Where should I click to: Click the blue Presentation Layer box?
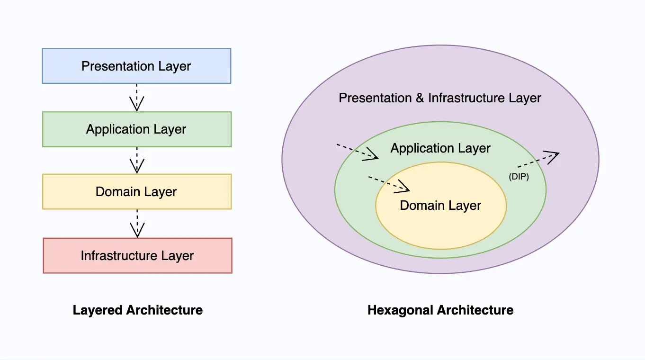pyautogui.click(x=136, y=66)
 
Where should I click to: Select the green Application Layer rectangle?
pyautogui.click(x=136, y=129)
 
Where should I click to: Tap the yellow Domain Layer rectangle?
pyautogui.click(x=136, y=192)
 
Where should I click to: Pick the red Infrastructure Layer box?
pyautogui.click(x=137, y=256)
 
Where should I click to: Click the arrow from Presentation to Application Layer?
pyautogui.click(x=136, y=98)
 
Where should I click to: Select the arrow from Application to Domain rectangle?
pyautogui.click(x=136, y=160)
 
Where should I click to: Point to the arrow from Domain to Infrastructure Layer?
pyautogui.click(x=137, y=224)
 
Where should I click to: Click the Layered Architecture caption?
pyautogui.click(x=138, y=310)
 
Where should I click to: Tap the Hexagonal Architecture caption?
pyautogui.click(x=440, y=310)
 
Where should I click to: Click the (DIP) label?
pyautogui.click(x=519, y=177)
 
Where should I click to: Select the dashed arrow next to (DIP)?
pyautogui.click(x=538, y=160)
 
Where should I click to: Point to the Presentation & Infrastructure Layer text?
pyautogui.click(x=440, y=98)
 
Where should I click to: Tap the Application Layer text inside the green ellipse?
pyautogui.click(x=440, y=148)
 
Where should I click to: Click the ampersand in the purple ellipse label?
pyautogui.click(x=419, y=98)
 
